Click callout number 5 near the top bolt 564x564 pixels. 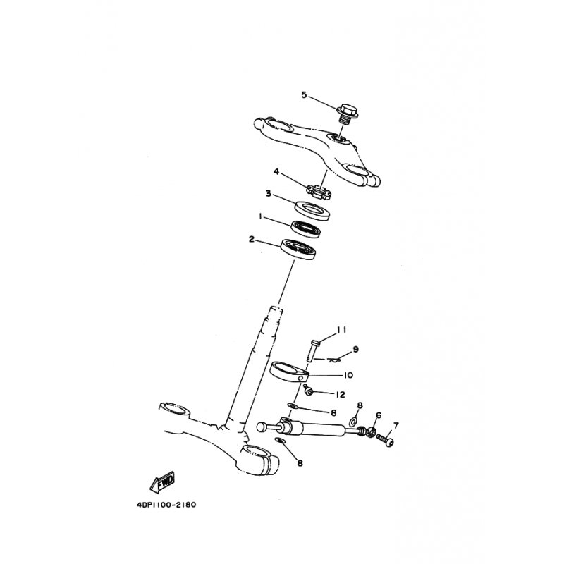click(x=304, y=95)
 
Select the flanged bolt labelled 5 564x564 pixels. click(x=347, y=114)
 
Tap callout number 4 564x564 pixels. click(x=276, y=171)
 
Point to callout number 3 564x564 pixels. click(x=268, y=194)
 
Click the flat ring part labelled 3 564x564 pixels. click(x=312, y=211)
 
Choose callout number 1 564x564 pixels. click(x=259, y=216)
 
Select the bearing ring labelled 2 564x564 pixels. click(x=298, y=249)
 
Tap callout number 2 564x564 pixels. click(x=252, y=239)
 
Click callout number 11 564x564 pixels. click(x=341, y=330)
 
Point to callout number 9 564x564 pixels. click(x=355, y=349)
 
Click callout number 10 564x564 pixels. click(x=348, y=375)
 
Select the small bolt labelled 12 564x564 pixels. click(x=307, y=390)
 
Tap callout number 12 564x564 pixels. click(x=341, y=395)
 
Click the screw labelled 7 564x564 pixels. click(x=385, y=440)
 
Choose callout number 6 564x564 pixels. click(x=378, y=415)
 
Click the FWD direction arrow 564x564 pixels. click(x=162, y=482)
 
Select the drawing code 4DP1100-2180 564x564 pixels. click(x=166, y=505)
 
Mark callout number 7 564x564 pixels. click(x=396, y=426)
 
